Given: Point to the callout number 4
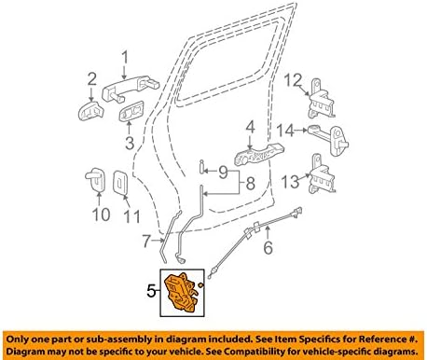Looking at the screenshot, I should [x=250, y=126].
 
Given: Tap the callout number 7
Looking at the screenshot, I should [x=145, y=242].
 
